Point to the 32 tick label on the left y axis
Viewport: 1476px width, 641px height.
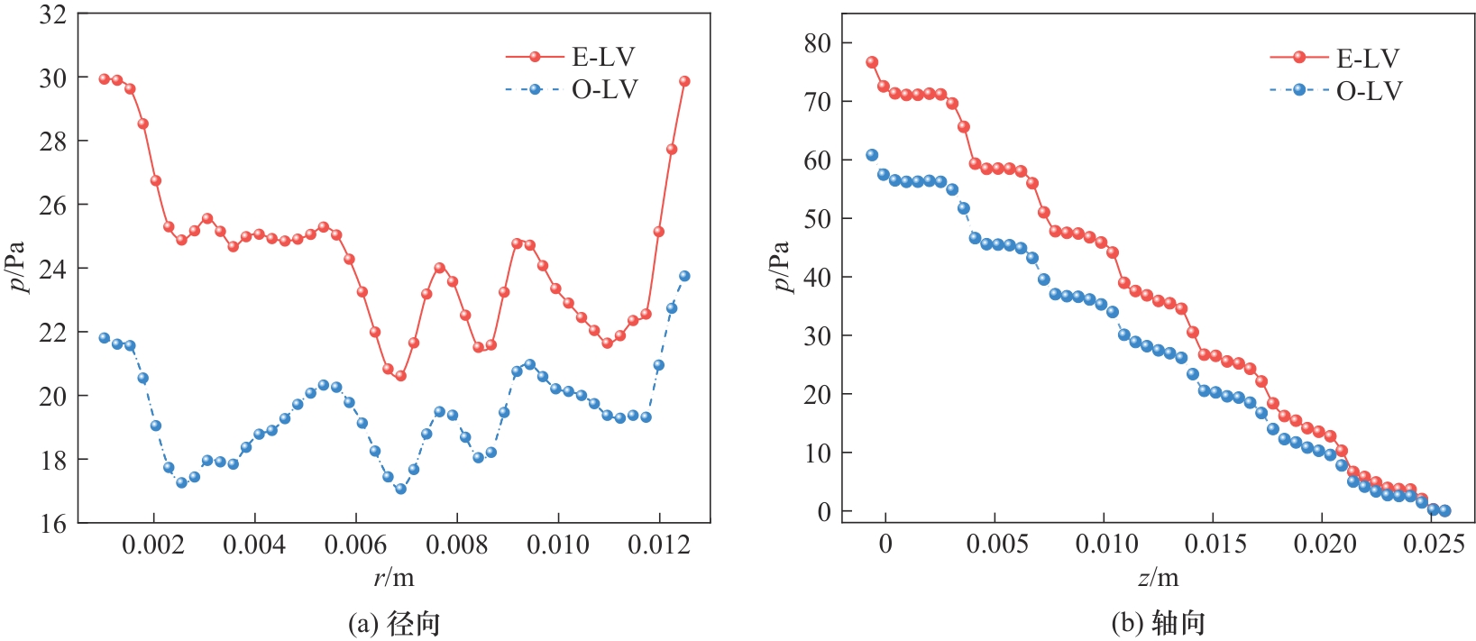click(x=53, y=14)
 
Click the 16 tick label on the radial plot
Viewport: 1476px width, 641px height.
click(x=53, y=524)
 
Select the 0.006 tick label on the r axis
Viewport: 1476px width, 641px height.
click(x=356, y=545)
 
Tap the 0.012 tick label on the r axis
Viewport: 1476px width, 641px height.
click(x=659, y=545)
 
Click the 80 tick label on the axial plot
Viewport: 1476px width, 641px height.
click(x=818, y=43)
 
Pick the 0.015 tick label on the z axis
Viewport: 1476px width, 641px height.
click(x=1214, y=544)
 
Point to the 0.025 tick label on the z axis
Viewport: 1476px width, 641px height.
click(x=1433, y=544)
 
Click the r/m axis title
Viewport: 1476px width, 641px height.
click(x=394, y=576)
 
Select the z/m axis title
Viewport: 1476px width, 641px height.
click(x=1159, y=576)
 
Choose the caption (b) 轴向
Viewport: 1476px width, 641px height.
click(x=1159, y=623)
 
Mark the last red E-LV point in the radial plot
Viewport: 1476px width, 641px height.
click(x=684, y=81)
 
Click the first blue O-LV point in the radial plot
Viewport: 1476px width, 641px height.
click(x=105, y=338)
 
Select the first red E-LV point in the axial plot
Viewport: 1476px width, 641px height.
click(x=872, y=62)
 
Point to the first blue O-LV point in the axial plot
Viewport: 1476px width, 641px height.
click(x=872, y=155)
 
